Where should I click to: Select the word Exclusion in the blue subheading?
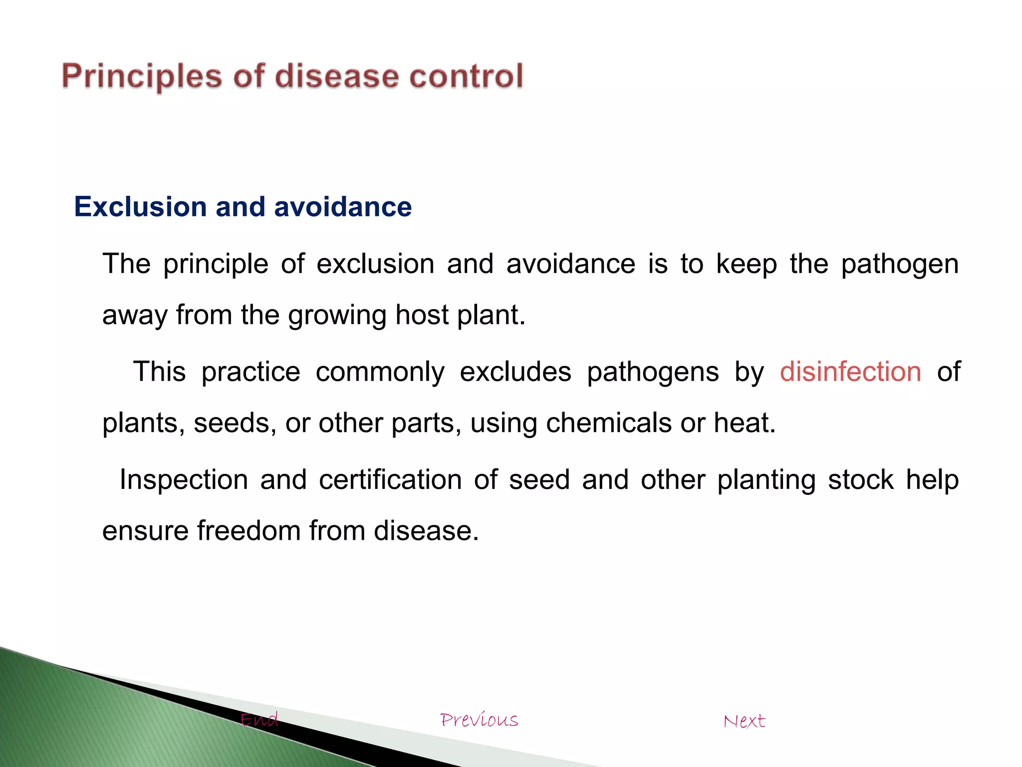(140, 207)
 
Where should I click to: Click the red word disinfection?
(850, 372)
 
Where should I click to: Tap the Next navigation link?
(744, 721)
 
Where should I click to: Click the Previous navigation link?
(479, 720)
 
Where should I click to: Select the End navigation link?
(259, 720)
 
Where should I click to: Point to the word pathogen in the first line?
(899, 265)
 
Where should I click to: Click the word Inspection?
(184, 480)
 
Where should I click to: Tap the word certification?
(390, 480)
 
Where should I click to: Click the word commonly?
(380, 372)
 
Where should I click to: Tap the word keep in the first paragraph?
(746, 265)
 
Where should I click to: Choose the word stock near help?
(860, 480)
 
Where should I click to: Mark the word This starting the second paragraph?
(159, 372)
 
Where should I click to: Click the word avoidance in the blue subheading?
(343, 207)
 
